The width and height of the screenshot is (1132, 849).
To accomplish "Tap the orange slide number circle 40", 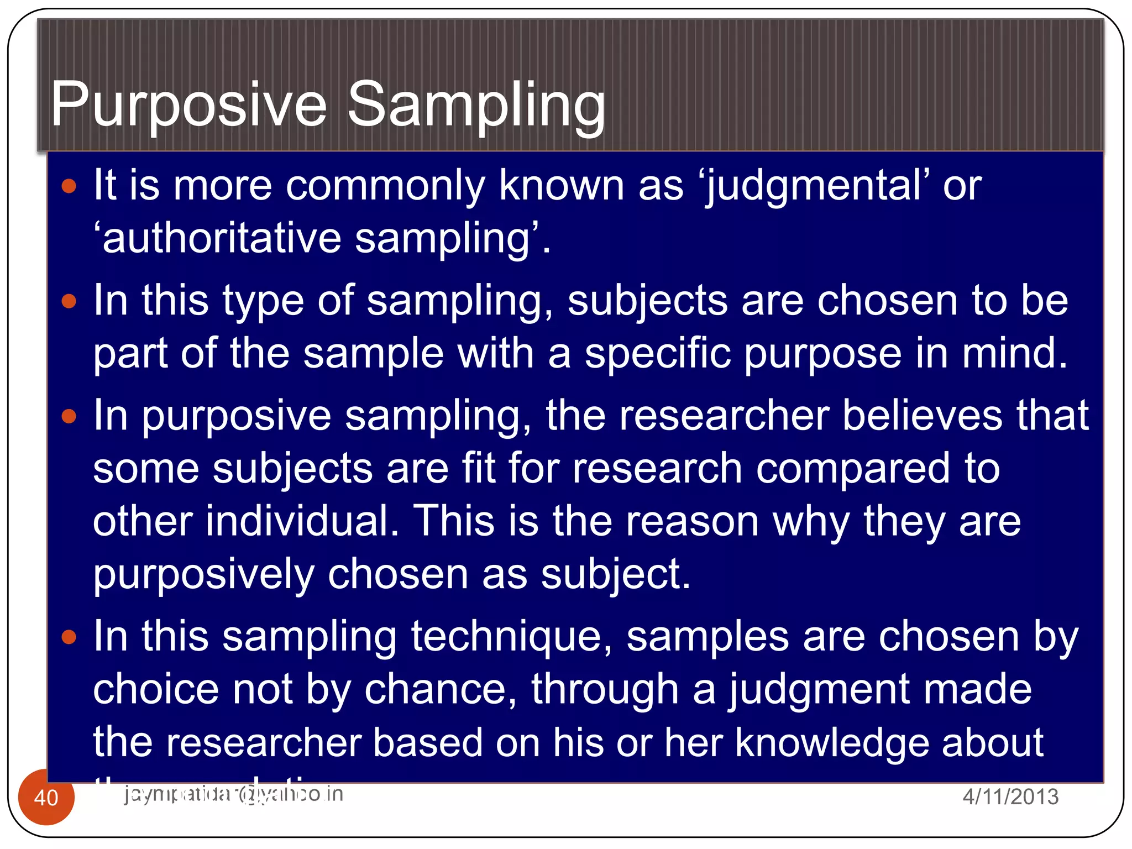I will (x=46, y=798).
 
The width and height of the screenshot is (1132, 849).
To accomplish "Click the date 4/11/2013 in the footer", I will (x=1010, y=796).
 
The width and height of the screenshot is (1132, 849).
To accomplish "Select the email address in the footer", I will (x=233, y=794).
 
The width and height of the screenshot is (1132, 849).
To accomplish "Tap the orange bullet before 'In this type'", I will (x=69, y=301).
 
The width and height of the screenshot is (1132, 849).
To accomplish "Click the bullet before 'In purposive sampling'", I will (x=69, y=416).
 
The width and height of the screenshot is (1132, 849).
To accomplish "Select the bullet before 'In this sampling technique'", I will (x=69, y=637).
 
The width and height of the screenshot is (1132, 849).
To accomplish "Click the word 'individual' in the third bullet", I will (x=301, y=521).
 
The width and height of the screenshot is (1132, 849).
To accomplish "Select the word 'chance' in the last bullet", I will (x=441, y=690).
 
